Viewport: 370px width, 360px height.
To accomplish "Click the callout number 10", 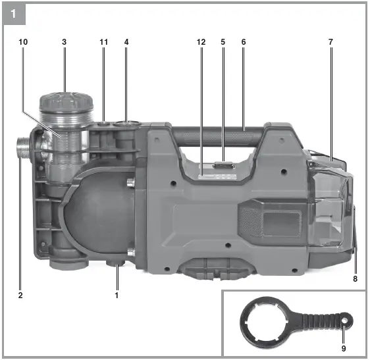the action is point(23,42).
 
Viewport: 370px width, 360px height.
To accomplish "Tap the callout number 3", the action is point(64,42).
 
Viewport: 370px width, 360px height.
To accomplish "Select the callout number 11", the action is point(103,42).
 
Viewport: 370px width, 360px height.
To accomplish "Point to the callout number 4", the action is point(126,42).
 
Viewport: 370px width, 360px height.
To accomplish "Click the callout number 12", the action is point(201,42).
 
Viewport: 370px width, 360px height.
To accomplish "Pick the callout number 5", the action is point(223,42).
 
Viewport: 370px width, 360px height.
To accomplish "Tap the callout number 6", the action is point(244,42).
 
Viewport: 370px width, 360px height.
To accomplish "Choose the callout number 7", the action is point(331,42).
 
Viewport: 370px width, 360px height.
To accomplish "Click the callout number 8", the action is point(355,279).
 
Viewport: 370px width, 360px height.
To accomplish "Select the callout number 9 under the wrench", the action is point(344,348).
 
